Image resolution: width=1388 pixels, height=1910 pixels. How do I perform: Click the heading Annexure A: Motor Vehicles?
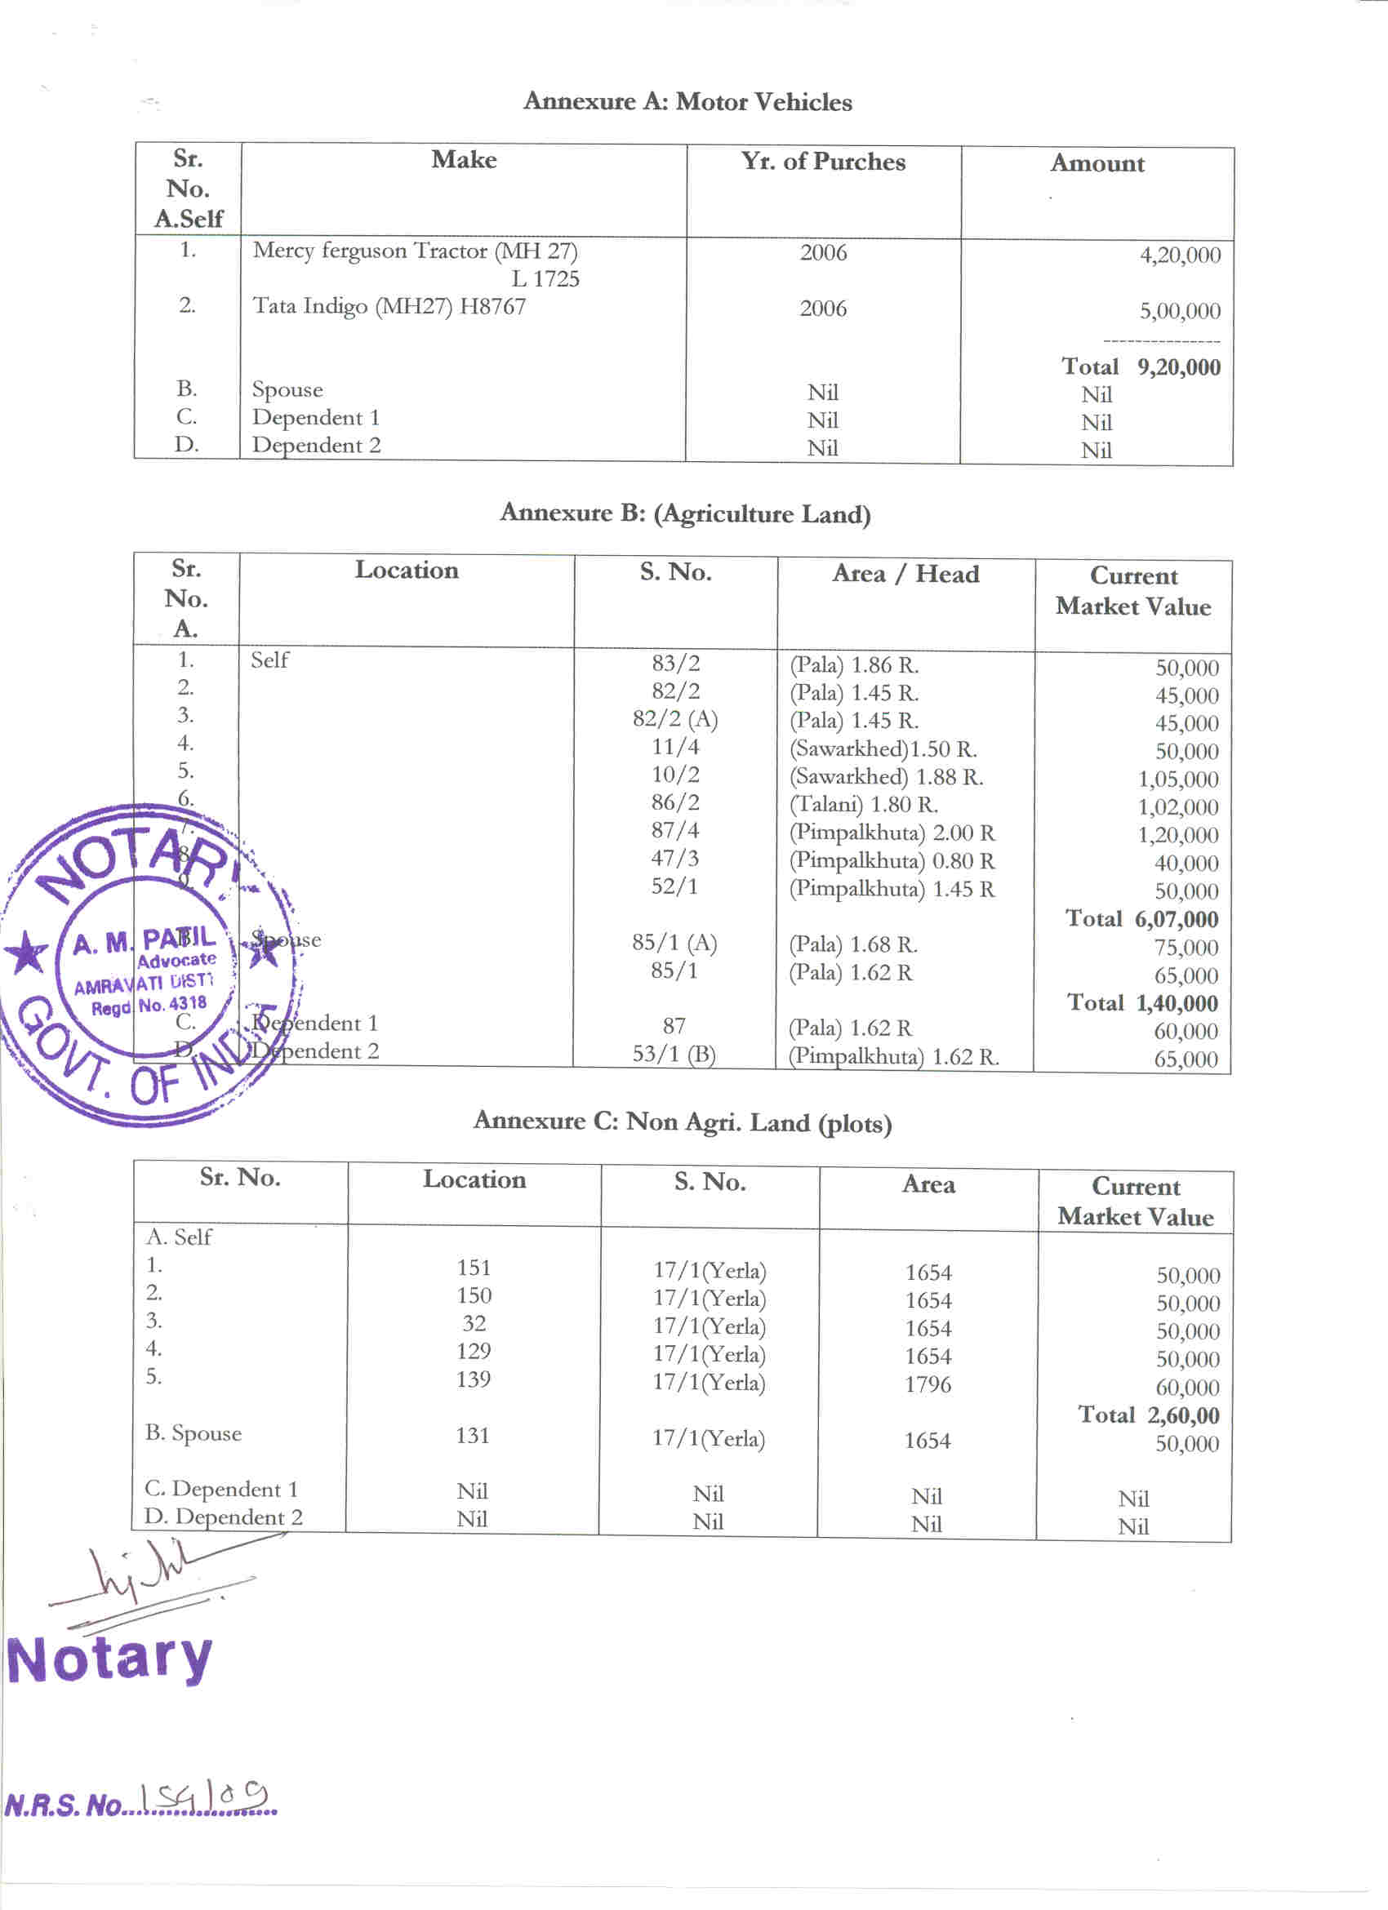[x=687, y=102]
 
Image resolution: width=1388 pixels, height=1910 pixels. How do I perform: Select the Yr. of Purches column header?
[x=823, y=162]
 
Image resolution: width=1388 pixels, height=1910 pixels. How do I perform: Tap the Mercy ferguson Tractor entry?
[x=416, y=251]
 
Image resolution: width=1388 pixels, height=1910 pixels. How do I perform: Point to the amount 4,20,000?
[x=1179, y=255]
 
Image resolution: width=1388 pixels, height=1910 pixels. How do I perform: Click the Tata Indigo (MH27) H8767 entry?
[x=389, y=307]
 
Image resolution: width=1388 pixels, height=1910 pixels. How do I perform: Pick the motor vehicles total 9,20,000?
[x=1177, y=367]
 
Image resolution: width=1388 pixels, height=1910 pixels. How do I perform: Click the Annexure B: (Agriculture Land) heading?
[x=685, y=513]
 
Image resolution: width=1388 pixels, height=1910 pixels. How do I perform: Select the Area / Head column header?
[x=905, y=575]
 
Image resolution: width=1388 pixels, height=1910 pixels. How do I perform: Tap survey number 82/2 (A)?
[x=674, y=720]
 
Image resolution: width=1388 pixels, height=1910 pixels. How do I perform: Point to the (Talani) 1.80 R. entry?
[x=863, y=805]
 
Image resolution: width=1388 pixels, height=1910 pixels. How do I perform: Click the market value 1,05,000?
[x=1177, y=780]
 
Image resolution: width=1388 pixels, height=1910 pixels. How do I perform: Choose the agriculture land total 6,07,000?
[x=1176, y=920]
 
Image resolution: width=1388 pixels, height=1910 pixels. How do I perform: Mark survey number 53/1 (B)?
[x=674, y=1055]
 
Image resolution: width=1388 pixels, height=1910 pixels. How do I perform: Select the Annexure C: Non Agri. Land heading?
[x=683, y=1122]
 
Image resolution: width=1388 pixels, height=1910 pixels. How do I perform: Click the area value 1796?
[x=928, y=1384]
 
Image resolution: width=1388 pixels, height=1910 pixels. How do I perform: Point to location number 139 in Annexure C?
[x=474, y=1379]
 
